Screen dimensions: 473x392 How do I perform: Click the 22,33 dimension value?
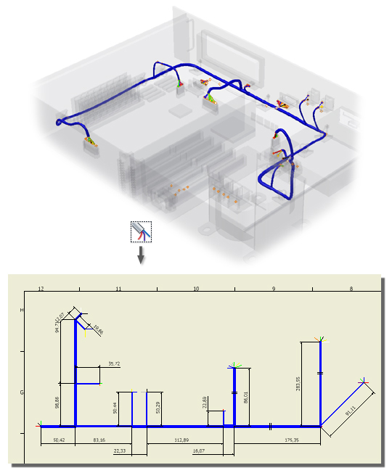120,451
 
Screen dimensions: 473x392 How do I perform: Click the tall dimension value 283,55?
298,383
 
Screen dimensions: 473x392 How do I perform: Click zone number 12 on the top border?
41,289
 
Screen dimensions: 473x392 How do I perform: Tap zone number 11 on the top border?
118,289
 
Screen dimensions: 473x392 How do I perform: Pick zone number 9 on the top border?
274,289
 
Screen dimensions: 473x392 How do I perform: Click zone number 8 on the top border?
351,289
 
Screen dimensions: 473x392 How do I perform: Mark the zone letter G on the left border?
22,392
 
